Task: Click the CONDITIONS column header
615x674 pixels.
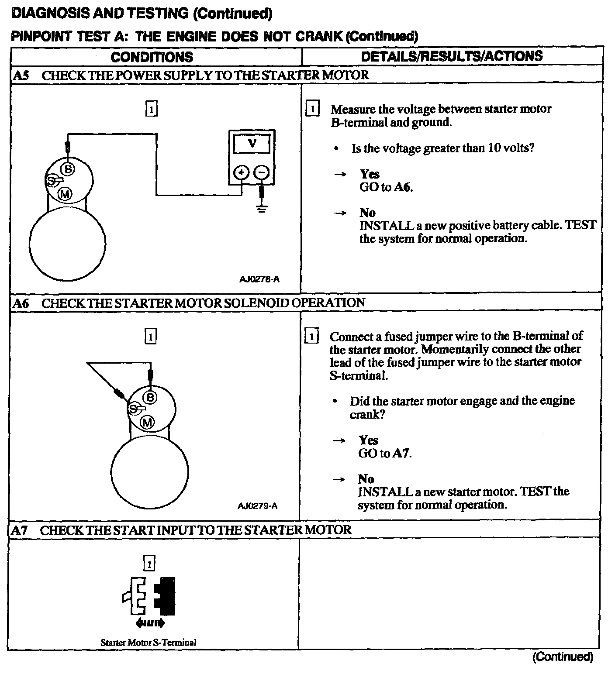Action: pos(152,57)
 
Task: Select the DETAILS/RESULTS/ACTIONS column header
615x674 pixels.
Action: pos(452,56)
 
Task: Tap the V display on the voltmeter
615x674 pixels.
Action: pos(252,143)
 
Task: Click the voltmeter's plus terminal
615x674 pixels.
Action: pos(241,173)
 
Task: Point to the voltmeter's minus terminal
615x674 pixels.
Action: pos(262,173)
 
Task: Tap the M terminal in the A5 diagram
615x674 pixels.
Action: pos(65,194)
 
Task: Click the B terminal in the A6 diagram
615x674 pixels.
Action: pos(150,397)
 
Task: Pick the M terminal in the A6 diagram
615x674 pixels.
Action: pos(147,422)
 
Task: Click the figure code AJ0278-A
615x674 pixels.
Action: pos(259,279)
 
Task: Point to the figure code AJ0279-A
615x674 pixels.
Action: pos(258,506)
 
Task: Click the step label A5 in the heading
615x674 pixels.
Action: pos(21,75)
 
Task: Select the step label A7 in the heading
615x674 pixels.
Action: pos(19,530)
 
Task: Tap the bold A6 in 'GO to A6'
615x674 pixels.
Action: pos(403,187)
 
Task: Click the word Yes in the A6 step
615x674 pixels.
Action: pos(368,440)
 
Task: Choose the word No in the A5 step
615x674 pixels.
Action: pos(367,213)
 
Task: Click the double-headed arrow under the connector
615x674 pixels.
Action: pos(150,623)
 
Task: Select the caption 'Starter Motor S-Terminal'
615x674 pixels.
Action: pos(149,642)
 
